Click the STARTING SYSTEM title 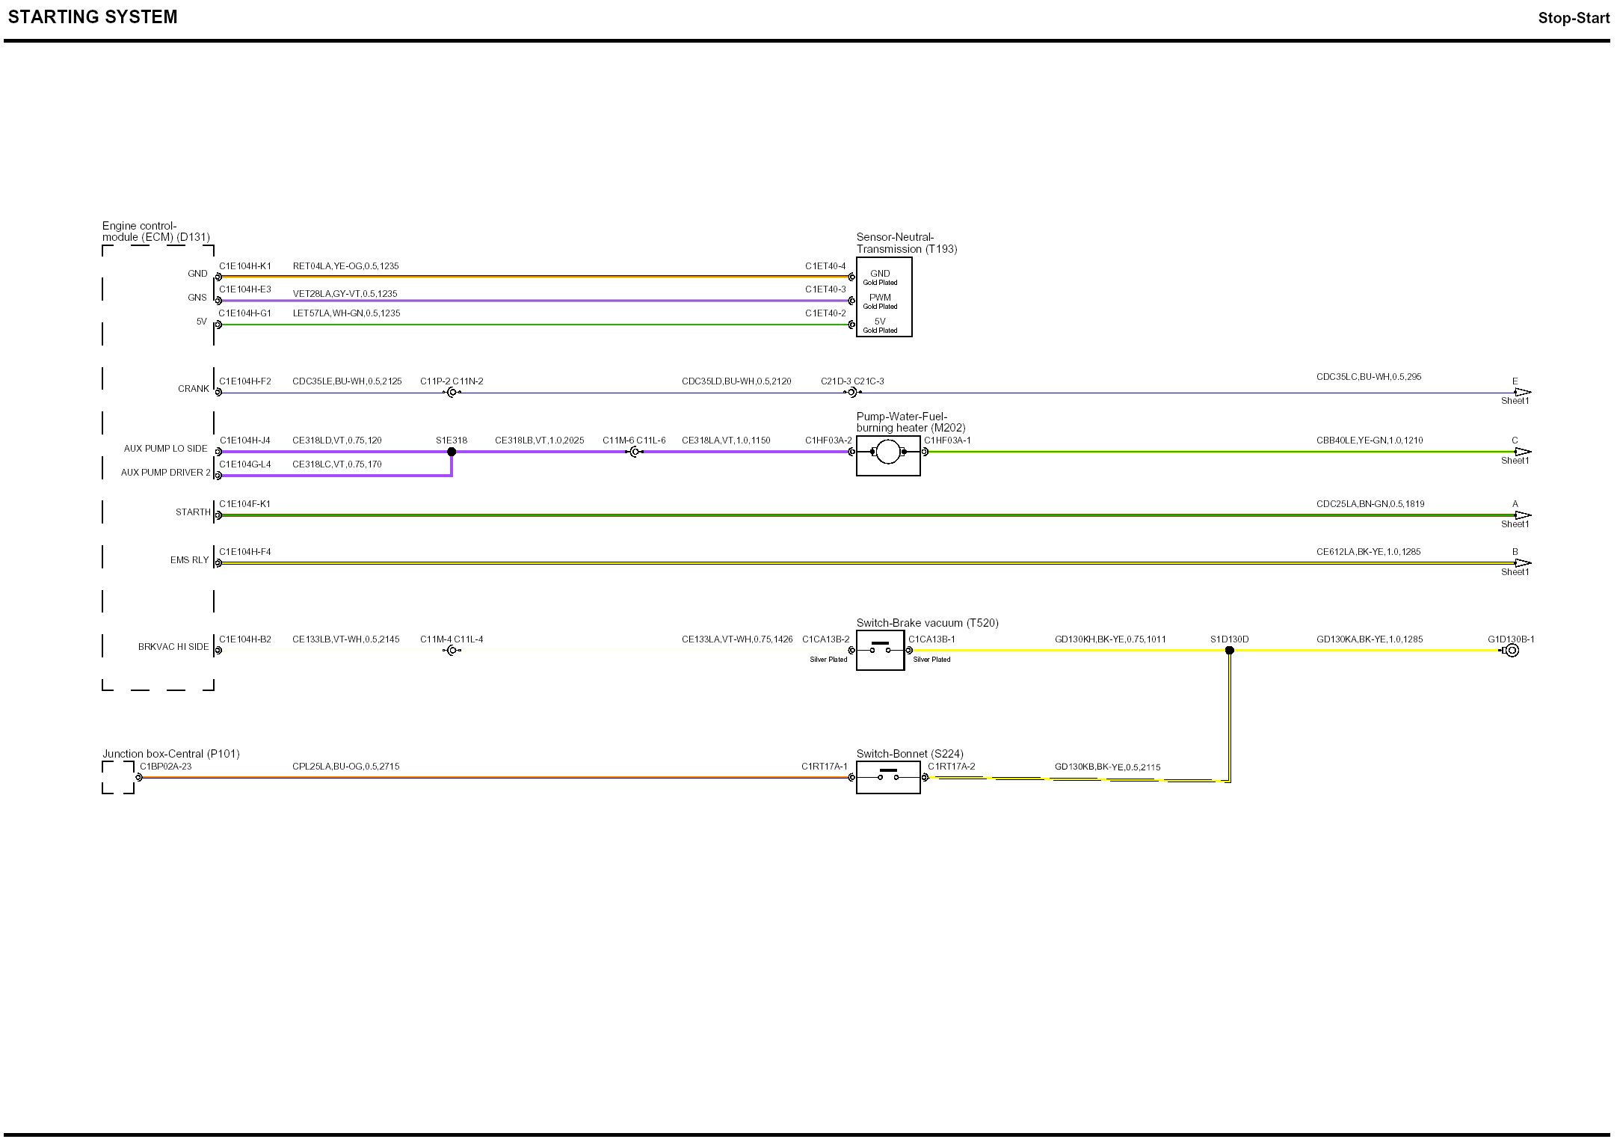pos(93,17)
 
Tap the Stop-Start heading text pos(1573,18)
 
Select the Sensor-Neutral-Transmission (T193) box pos(884,297)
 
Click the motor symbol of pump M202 pos(887,452)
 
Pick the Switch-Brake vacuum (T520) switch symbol pos(880,650)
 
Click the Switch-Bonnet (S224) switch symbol pos(887,777)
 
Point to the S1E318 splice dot pos(452,452)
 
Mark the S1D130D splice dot pos(1230,651)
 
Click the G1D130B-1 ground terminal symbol pos(1511,651)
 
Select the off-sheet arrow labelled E pos(1522,392)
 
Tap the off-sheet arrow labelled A pos(1522,515)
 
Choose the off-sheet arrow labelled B pos(1522,563)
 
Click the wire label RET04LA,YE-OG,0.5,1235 pos(345,266)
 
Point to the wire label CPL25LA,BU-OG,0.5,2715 pos(345,767)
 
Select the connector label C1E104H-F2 pos(245,381)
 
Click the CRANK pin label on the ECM pos(194,389)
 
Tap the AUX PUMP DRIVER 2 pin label pos(166,473)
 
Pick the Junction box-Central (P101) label pos(171,754)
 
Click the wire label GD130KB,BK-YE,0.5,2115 pos(1107,767)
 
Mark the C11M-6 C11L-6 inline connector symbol pos(635,452)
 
